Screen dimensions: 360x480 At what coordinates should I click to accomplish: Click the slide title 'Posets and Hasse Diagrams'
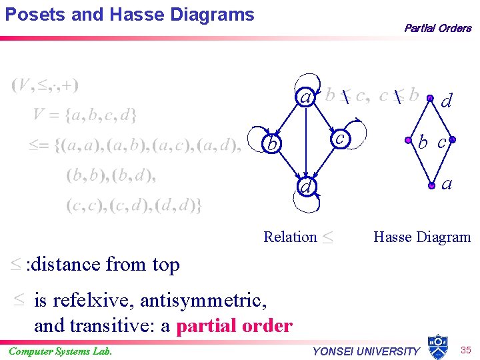130,15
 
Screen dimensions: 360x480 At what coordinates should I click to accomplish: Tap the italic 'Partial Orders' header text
437,28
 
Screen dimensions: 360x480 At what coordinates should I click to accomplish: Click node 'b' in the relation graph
270,144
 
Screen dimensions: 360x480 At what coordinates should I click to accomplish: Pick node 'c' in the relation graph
340,137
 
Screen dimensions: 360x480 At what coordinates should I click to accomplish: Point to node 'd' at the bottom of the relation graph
305,189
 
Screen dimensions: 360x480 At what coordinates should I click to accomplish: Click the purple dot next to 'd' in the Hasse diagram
430,98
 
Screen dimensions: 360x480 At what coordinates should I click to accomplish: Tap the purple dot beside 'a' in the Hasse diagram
430,181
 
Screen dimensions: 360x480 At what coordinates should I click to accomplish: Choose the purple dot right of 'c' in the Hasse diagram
452,140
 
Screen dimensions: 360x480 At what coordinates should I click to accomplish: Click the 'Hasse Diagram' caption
422,237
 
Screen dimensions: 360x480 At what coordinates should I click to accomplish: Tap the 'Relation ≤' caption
298,237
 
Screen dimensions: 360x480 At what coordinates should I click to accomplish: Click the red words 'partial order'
234,326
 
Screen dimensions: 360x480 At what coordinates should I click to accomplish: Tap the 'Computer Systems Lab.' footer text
61,351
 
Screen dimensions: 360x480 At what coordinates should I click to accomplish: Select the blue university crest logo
437,346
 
